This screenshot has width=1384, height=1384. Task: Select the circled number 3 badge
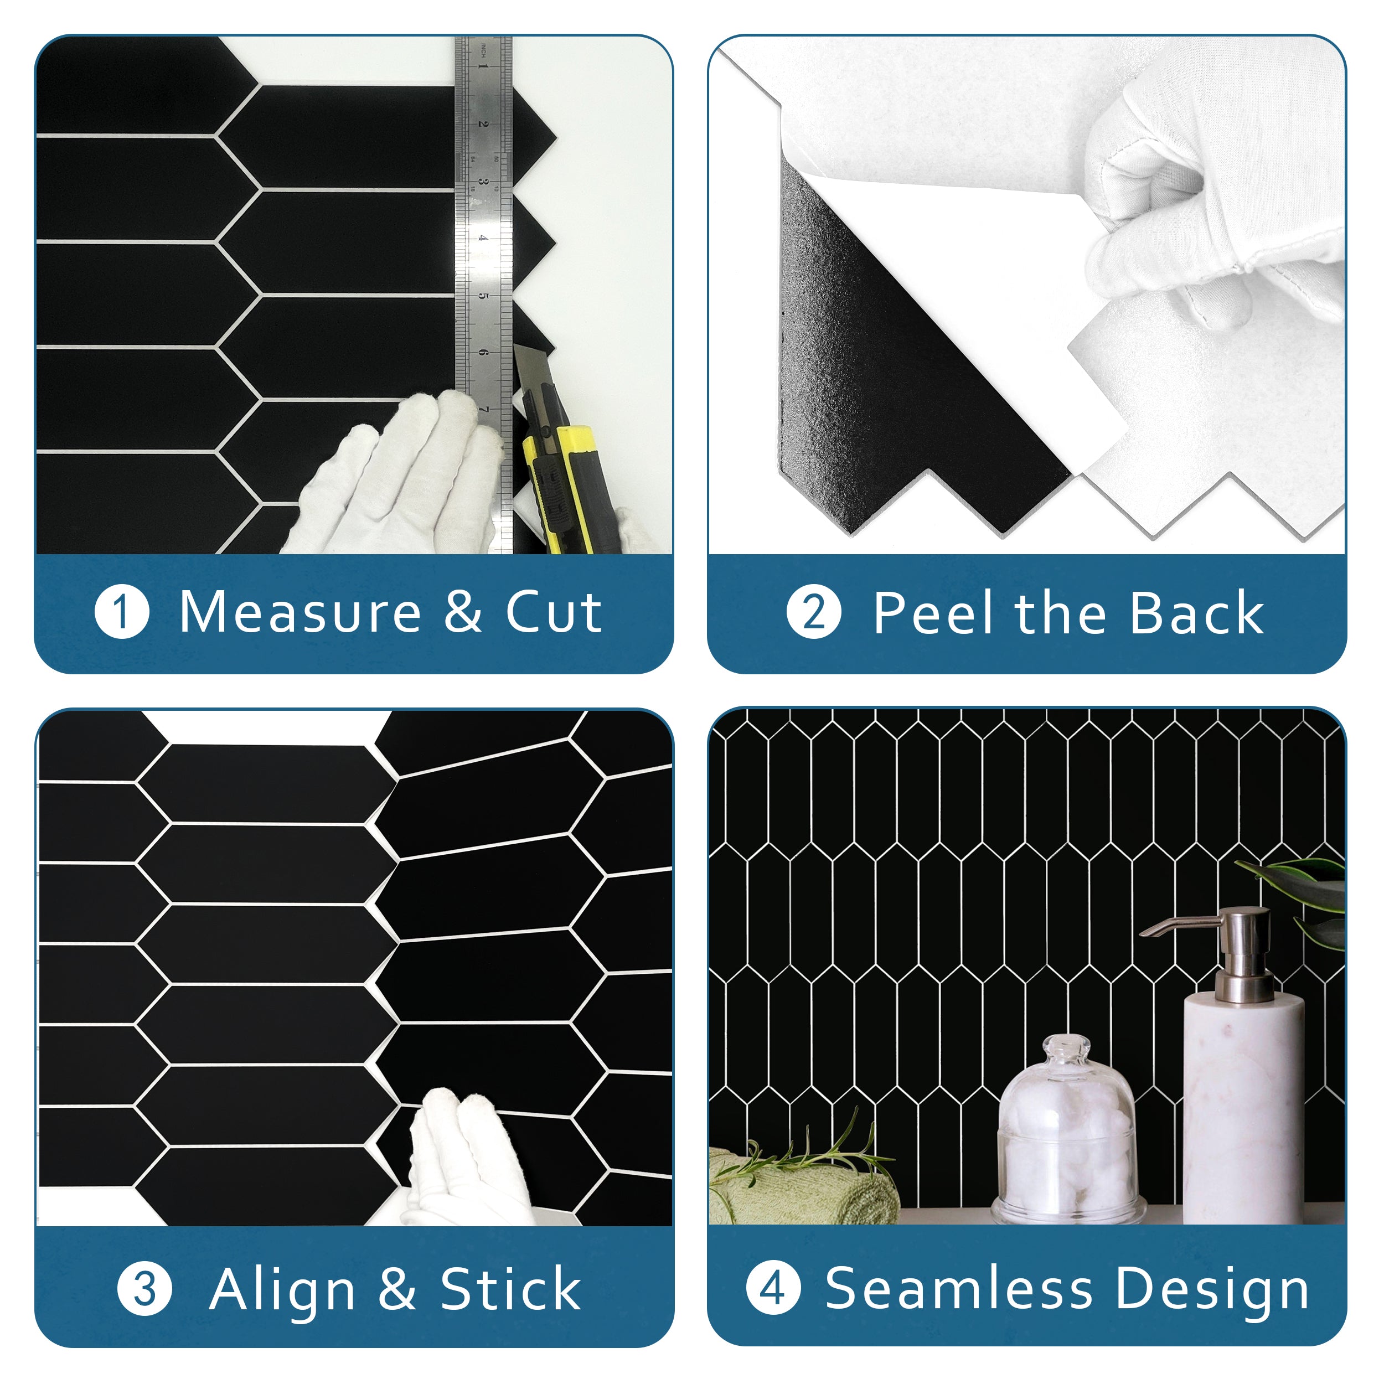pyautogui.click(x=144, y=1289)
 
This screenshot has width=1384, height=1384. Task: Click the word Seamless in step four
pyautogui.click(x=958, y=1288)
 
